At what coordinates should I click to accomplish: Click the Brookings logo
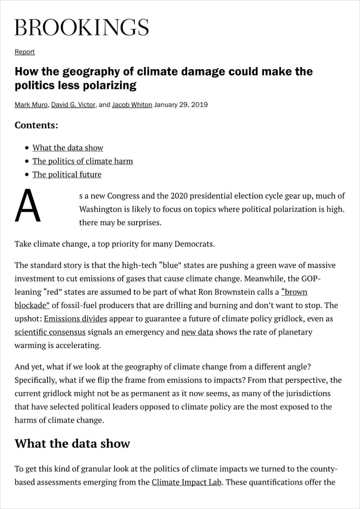click(81, 27)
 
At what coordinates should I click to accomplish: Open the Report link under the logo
click(25, 52)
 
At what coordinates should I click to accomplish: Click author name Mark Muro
click(31, 105)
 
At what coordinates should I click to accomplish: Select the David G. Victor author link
click(73, 105)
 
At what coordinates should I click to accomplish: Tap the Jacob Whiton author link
click(132, 105)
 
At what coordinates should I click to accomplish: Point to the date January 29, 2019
click(181, 105)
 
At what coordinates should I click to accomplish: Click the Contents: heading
click(36, 125)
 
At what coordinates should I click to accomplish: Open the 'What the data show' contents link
click(68, 148)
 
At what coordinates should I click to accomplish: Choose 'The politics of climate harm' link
click(83, 161)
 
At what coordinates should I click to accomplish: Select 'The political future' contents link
click(67, 174)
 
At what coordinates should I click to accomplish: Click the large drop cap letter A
click(27, 206)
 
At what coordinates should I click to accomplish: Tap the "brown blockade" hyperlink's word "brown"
click(294, 292)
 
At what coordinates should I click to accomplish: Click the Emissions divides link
click(76, 319)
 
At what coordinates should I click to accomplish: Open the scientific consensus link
click(50, 332)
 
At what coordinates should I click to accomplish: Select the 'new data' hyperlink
click(197, 332)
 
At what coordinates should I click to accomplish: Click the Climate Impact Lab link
click(186, 482)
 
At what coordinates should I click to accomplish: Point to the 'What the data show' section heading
click(72, 444)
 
